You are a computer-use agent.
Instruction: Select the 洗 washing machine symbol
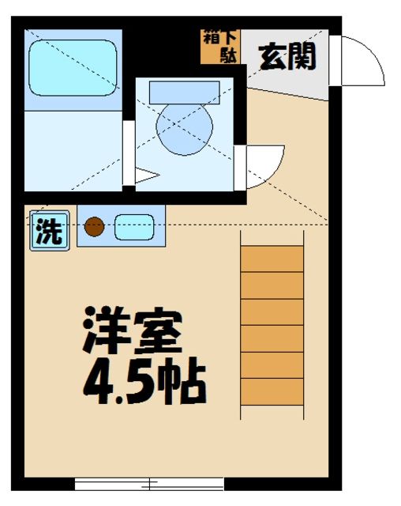coord(49,232)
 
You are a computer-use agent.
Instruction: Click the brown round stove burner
coord(94,228)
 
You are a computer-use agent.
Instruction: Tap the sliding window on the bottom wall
coord(149,483)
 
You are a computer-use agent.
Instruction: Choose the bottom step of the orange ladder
coord(272,391)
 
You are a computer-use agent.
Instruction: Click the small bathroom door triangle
coord(146,178)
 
